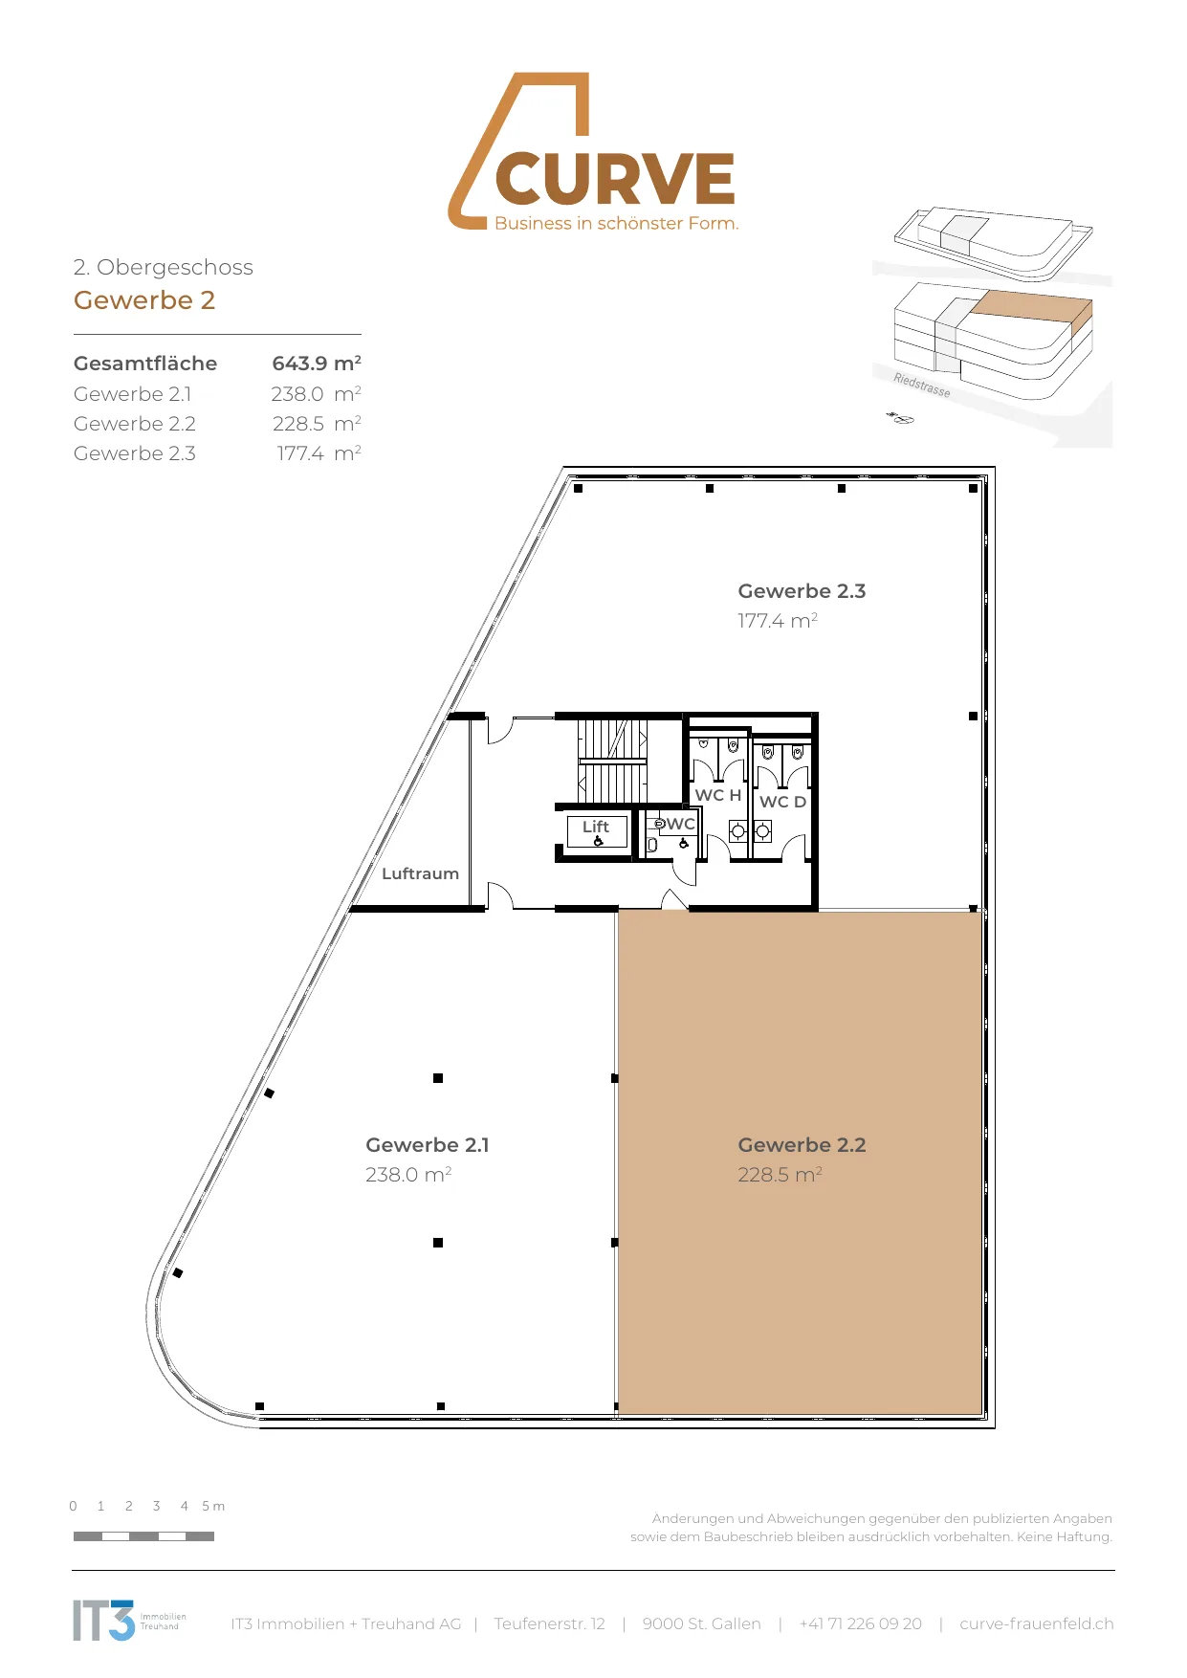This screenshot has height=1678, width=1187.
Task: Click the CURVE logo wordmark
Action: [x=615, y=179]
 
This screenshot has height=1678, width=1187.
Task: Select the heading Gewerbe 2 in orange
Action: [x=144, y=300]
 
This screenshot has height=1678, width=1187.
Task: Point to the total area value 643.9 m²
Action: [x=317, y=364]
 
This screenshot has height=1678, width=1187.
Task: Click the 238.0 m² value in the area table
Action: [x=317, y=394]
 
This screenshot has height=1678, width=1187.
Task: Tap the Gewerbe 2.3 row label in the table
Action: [x=135, y=453]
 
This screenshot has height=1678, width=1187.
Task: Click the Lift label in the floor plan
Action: [x=596, y=827]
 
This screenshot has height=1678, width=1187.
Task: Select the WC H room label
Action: [x=718, y=795]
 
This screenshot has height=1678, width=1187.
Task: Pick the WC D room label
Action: [x=782, y=802]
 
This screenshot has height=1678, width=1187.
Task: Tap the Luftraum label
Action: [x=420, y=873]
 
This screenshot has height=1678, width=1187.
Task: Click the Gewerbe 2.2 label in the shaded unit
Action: [x=802, y=1145]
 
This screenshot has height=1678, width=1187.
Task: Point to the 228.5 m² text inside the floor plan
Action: [x=780, y=1175]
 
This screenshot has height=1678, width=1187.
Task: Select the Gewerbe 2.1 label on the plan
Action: [x=428, y=1145]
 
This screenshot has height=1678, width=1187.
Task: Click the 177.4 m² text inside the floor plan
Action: [x=778, y=621]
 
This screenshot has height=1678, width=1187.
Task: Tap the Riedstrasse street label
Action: [x=922, y=385]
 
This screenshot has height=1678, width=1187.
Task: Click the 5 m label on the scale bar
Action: [x=213, y=1506]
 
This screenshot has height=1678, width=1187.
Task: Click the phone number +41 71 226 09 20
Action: [x=861, y=1623]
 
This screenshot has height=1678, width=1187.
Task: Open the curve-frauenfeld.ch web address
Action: [x=1037, y=1623]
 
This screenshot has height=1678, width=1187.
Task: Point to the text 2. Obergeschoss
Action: [x=164, y=267]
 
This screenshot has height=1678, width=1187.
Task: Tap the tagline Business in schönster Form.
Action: [x=617, y=223]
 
